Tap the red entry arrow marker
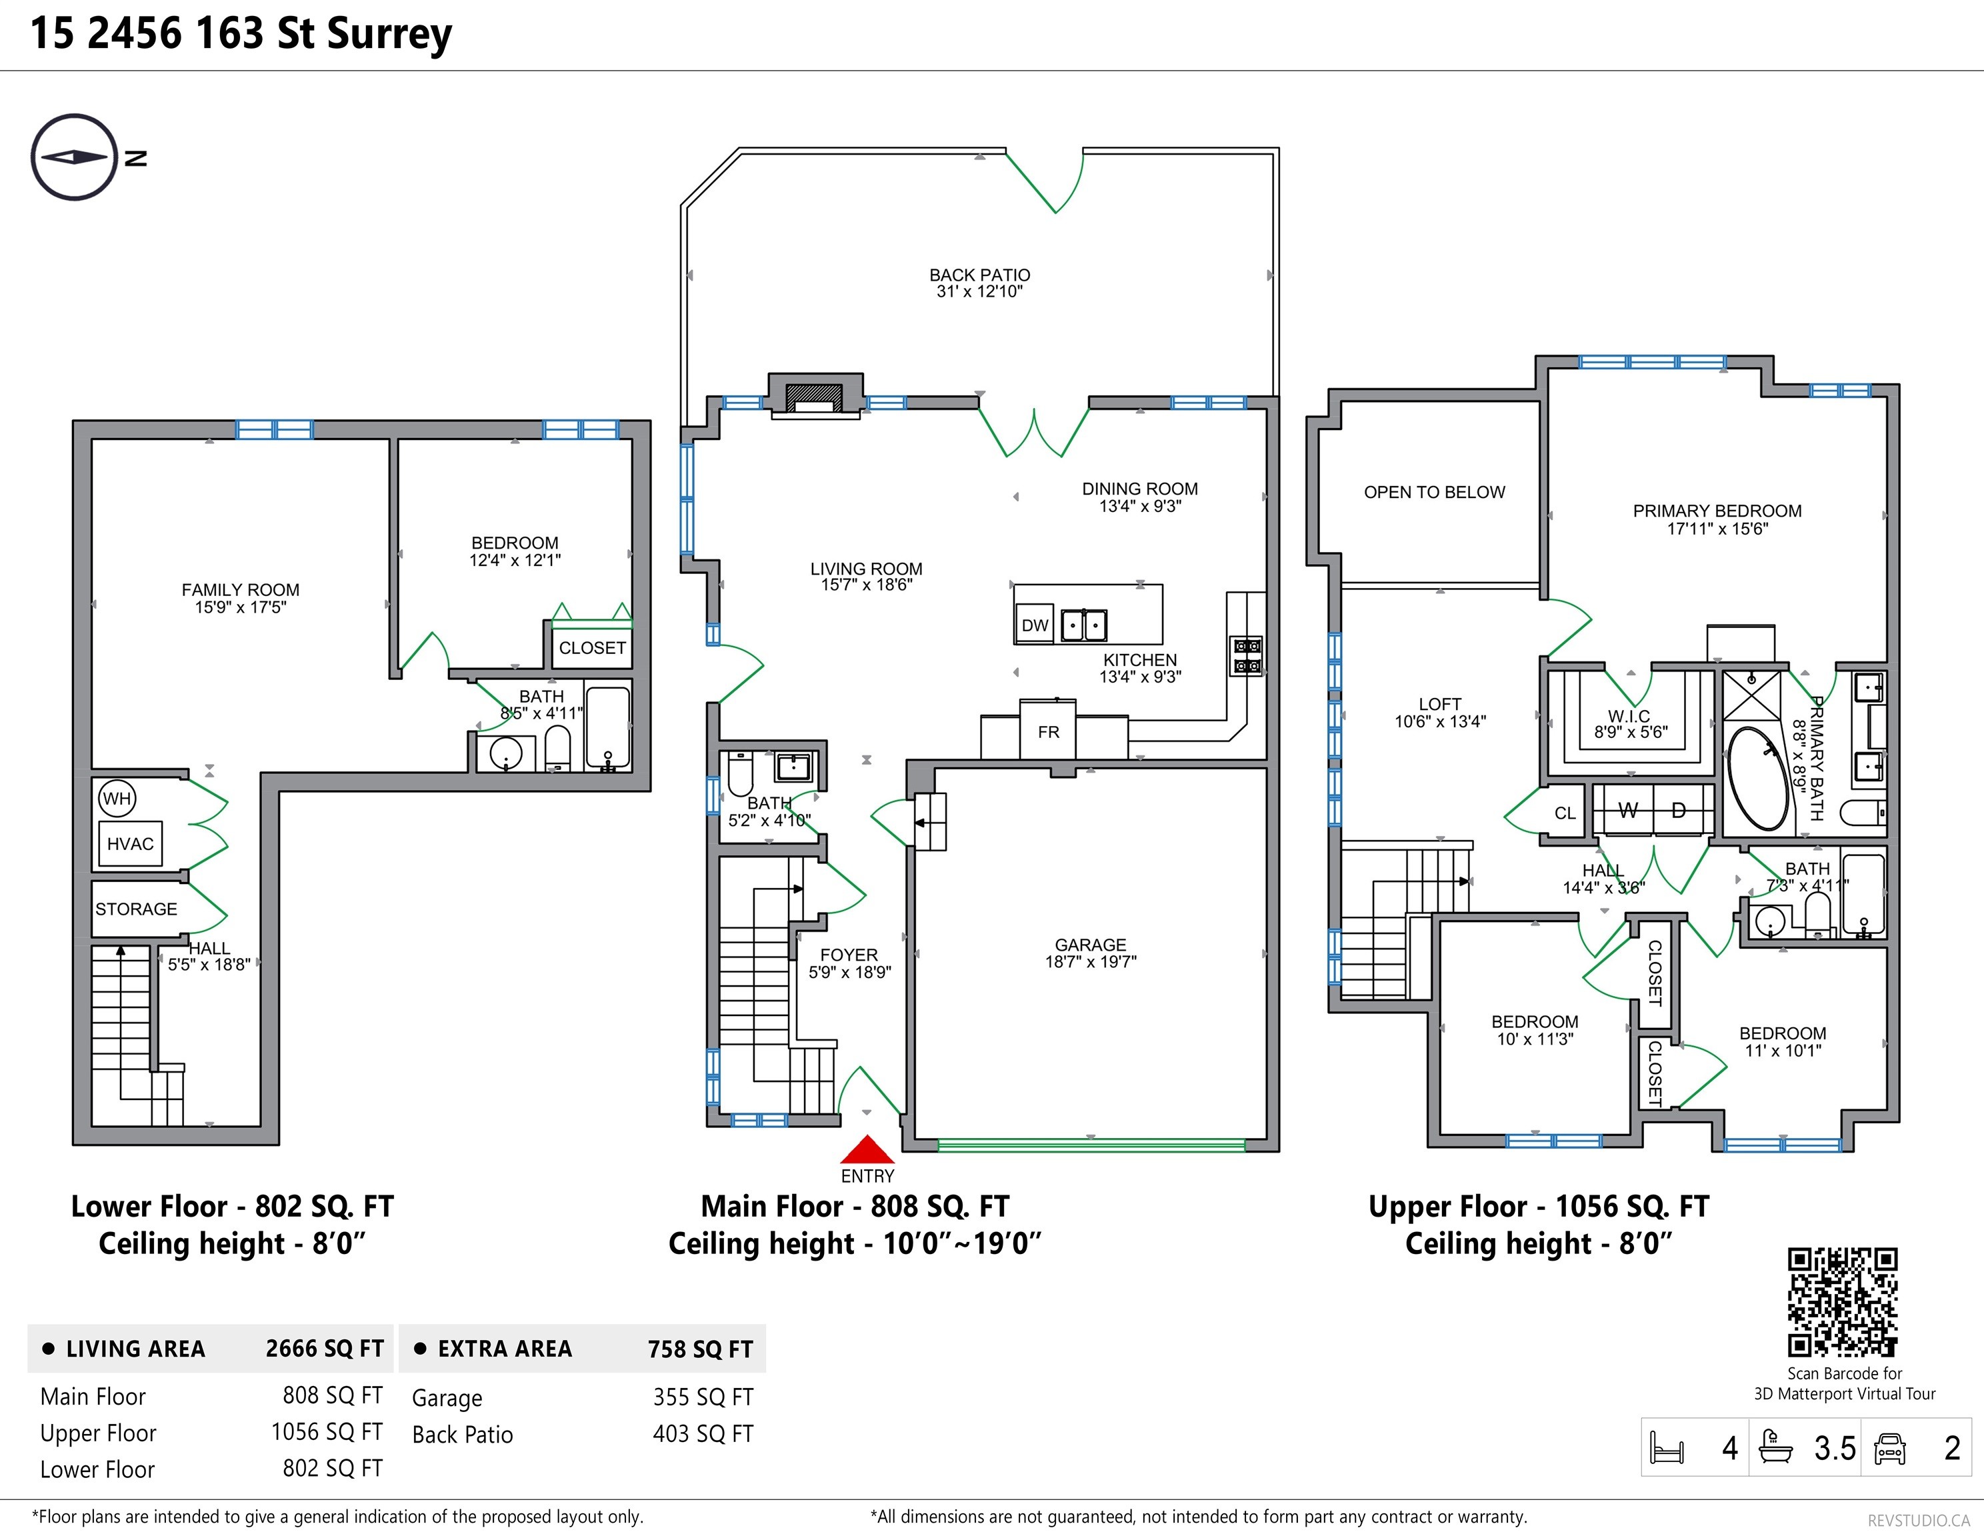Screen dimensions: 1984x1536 coord(867,1150)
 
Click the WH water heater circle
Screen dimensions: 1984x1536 coord(116,799)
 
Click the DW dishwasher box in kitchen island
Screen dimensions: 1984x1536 coord(1035,624)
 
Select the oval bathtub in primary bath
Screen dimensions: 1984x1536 coord(1759,779)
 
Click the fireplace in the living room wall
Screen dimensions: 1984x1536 coord(815,396)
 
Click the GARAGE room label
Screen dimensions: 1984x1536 coord(1090,945)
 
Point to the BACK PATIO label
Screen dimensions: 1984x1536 coord(979,274)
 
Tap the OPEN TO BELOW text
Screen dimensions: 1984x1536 coord(1435,492)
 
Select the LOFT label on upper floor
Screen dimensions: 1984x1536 coord(1440,704)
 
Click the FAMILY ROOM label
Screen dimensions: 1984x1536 coord(240,589)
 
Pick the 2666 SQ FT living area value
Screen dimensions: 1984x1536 coord(324,1349)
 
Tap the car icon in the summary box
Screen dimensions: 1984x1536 coord(1889,1449)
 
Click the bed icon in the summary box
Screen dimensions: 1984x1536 coord(1667,1448)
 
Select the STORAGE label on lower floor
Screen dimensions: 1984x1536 coord(136,909)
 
